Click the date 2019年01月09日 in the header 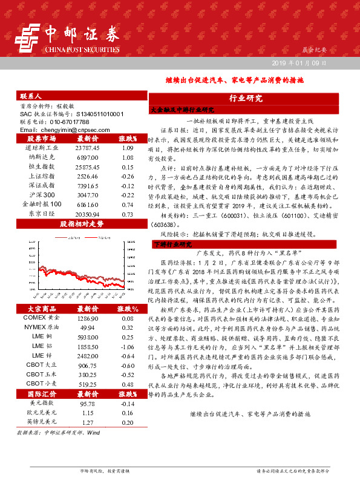pos(299,62)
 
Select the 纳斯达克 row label pos(41,156)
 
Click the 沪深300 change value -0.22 pos(128,195)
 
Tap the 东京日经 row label pos(41,214)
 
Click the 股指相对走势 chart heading pos(82,223)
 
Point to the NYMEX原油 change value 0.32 pos(128,326)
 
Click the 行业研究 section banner pos(246,98)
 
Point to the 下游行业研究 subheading pos(172,244)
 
